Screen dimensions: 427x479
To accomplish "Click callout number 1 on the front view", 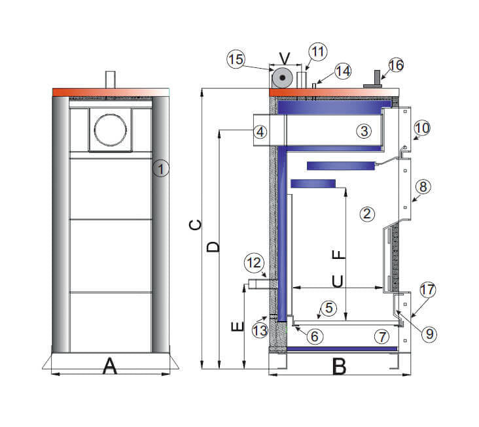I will [x=161, y=169].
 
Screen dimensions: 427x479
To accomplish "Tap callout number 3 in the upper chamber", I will [x=364, y=131].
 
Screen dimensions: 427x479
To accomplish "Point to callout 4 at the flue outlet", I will [x=260, y=131].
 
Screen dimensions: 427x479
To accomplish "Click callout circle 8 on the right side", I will [x=423, y=186].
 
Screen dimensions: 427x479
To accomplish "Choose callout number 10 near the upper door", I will [x=422, y=128].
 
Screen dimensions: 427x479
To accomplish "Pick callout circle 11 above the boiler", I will [x=317, y=51].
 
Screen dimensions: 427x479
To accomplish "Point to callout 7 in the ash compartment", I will [x=382, y=337].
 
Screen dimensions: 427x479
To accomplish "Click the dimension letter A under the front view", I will [x=110, y=367].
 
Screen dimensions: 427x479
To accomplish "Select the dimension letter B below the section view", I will [x=338, y=367].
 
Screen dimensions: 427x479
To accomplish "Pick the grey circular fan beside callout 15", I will [x=283, y=78].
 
